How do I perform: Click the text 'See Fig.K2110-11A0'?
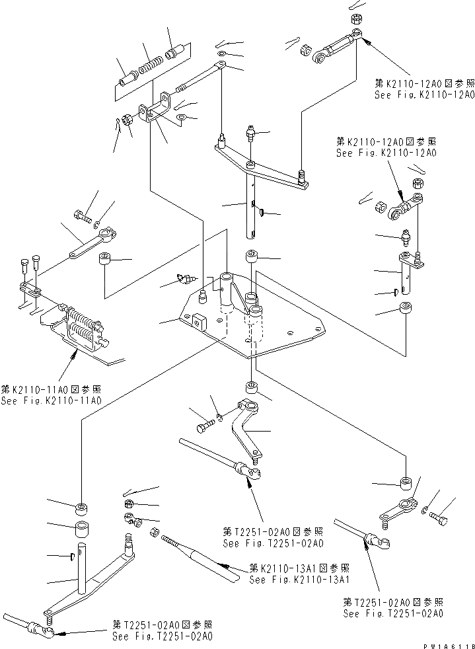pos(51,401)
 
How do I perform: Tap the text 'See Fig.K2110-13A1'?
pos(299,580)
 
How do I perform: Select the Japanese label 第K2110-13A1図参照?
pos(299,568)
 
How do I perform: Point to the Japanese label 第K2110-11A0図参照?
pos(51,390)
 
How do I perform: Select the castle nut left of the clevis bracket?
pos(128,121)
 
